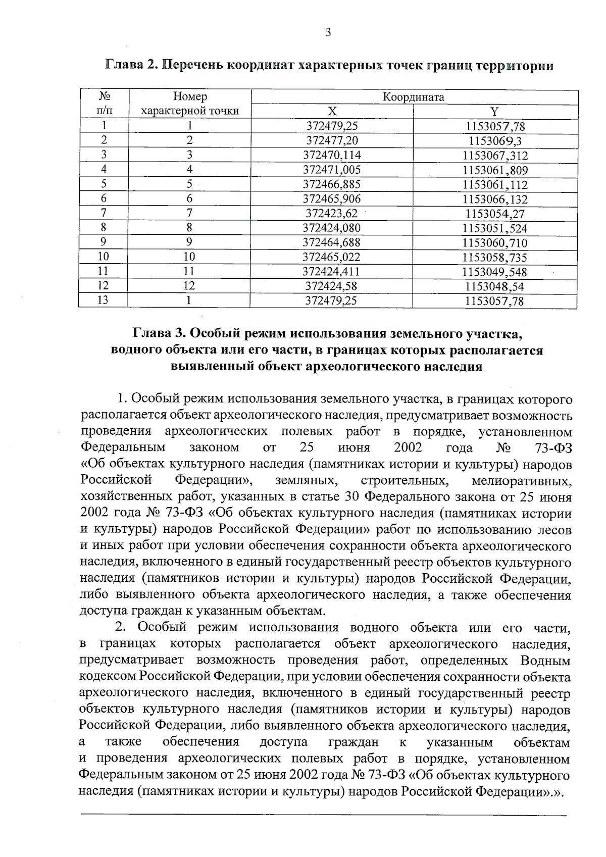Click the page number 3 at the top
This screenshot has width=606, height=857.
click(328, 33)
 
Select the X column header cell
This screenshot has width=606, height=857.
click(332, 112)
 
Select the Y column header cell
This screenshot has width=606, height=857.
click(494, 112)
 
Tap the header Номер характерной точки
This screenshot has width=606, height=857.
click(189, 104)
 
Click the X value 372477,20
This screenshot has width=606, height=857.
click(332, 140)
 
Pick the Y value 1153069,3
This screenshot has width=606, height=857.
click(495, 141)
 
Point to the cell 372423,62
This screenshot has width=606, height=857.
click(332, 213)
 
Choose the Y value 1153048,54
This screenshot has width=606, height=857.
click(494, 286)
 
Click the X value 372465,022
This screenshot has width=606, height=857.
click(331, 257)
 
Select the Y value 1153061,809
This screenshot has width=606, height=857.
click(495, 170)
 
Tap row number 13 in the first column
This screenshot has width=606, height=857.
click(103, 300)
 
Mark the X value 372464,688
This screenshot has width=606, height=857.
click(331, 242)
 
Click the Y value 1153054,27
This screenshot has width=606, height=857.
click(495, 214)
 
